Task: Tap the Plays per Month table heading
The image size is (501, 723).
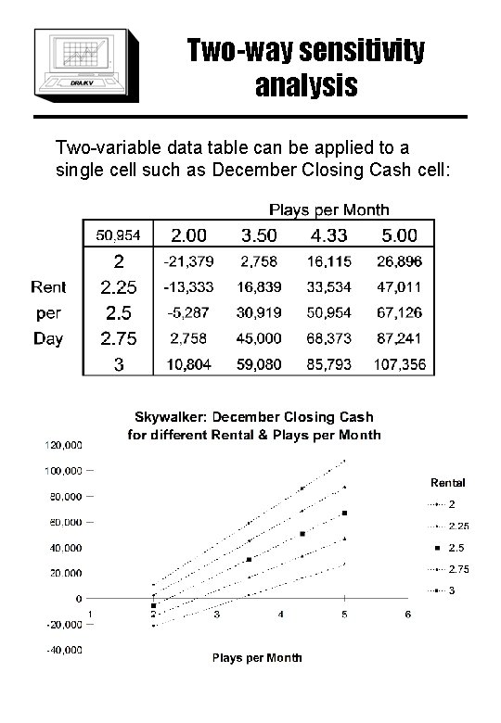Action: (328, 209)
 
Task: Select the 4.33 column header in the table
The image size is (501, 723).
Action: (330, 235)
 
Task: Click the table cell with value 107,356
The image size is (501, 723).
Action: (402, 365)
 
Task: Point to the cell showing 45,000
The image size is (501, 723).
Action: (260, 339)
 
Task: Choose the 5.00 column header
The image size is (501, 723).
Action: (402, 235)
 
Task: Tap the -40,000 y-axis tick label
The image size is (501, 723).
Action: (62, 650)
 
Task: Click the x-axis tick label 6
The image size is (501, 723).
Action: (406, 615)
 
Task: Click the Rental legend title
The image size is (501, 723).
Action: (447, 482)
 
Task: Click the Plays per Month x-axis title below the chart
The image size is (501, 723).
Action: (257, 658)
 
